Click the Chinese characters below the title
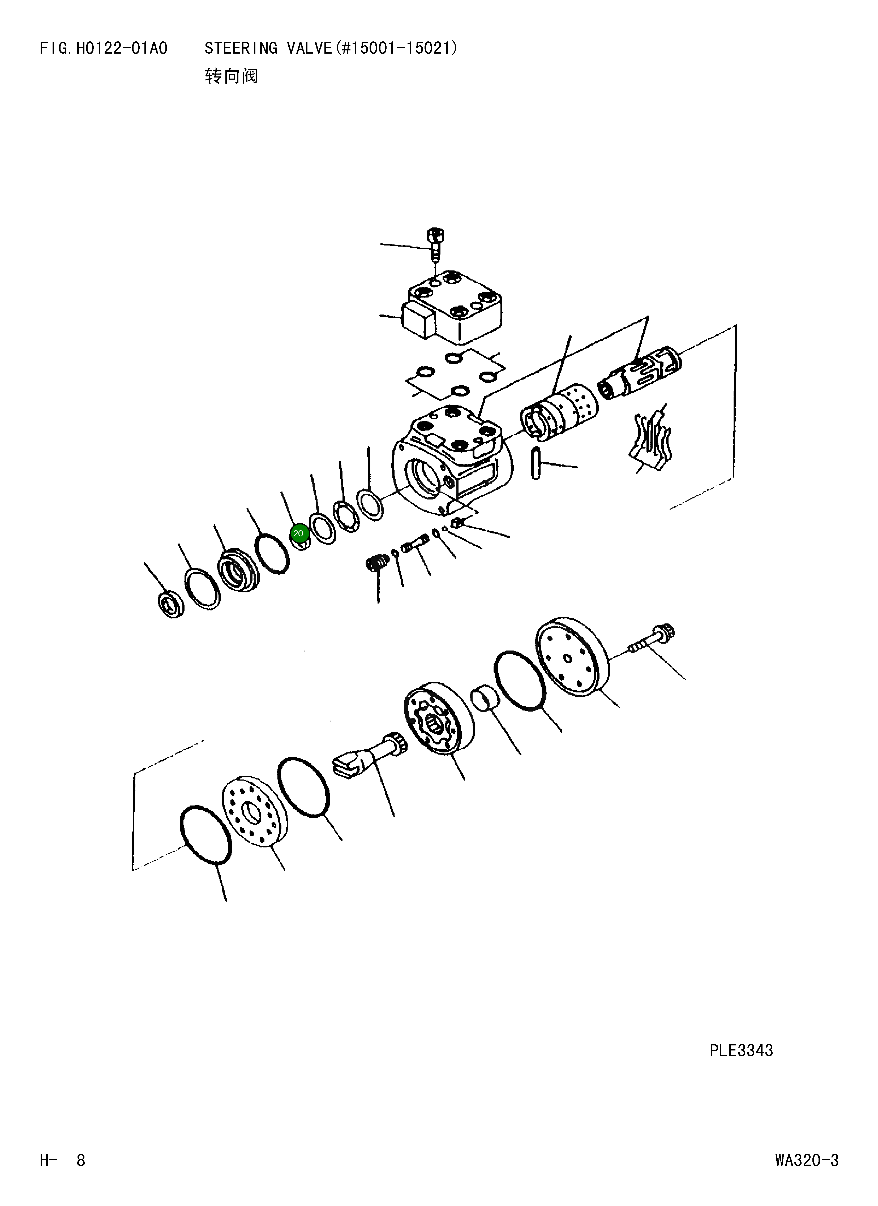tap(231, 76)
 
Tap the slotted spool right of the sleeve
tap(641, 372)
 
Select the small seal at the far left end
tap(171, 604)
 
